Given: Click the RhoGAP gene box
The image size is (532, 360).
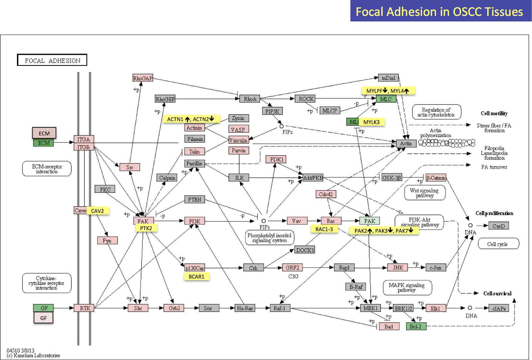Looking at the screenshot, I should coord(143,78).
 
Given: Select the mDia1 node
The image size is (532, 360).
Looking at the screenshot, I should coord(388,78).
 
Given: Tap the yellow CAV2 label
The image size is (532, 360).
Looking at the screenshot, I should coord(97,211).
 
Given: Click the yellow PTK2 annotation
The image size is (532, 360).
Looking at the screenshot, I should coord(146,228).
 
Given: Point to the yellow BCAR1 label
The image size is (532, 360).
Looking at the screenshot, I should coord(197,277).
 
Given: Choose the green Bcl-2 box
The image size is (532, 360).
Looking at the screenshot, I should coord(416,326).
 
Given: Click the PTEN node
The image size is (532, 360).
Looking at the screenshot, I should coord(195,199).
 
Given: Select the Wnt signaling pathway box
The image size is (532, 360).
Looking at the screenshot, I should coord(424,193).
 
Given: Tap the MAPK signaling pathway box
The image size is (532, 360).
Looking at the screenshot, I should coord(407,288).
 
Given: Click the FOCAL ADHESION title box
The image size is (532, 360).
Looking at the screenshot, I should coord(52,60).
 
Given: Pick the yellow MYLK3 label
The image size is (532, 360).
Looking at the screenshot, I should coord(371,122).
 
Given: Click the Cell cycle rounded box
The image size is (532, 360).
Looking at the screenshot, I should coord(498,244).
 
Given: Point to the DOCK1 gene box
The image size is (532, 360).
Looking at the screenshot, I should coord(305,250).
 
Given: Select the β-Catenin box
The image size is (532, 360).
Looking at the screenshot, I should coord(436,178).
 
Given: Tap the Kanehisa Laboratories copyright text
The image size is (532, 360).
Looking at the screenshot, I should coord(33,355).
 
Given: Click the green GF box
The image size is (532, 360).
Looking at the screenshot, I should coord(43,308).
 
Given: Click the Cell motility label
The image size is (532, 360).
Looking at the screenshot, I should coord(494,113).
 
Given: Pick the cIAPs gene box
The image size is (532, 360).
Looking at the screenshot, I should coord(499,308).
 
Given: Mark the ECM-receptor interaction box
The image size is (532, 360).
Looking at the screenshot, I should coord(47,169).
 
